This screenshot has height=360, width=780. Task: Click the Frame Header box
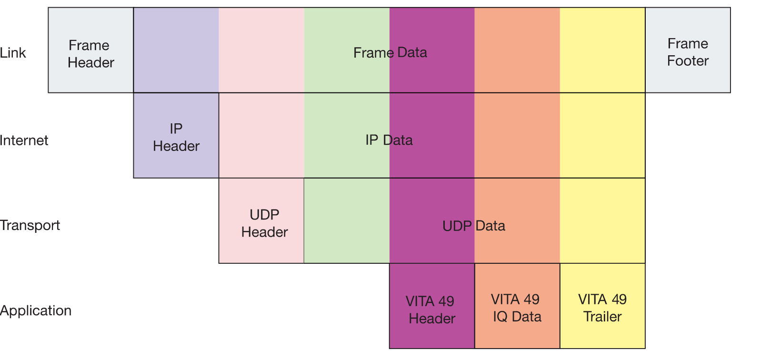(x=91, y=50)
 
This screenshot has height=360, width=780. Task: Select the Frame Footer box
(x=688, y=50)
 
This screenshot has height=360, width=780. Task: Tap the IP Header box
(x=176, y=135)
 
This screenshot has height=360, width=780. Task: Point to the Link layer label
(x=13, y=53)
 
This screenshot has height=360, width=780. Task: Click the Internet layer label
(x=24, y=140)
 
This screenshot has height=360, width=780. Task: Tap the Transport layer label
(x=30, y=225)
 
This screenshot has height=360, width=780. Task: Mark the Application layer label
(x=36, y=310)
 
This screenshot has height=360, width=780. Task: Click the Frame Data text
(x=390, y=52)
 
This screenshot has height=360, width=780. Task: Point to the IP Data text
(x=389, y=140)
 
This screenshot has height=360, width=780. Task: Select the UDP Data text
(x=474, y=226)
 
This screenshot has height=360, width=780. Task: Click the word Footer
(x=688, y=61)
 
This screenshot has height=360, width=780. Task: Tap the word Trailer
(x=602, y=317)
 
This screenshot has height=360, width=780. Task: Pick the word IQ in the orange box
(x=500, y=317)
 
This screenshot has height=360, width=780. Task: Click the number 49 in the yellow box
(x=619, y=299)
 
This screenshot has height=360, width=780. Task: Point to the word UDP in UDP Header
(x=264, y=215)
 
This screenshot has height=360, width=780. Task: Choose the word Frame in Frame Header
(x=89, y=45)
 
